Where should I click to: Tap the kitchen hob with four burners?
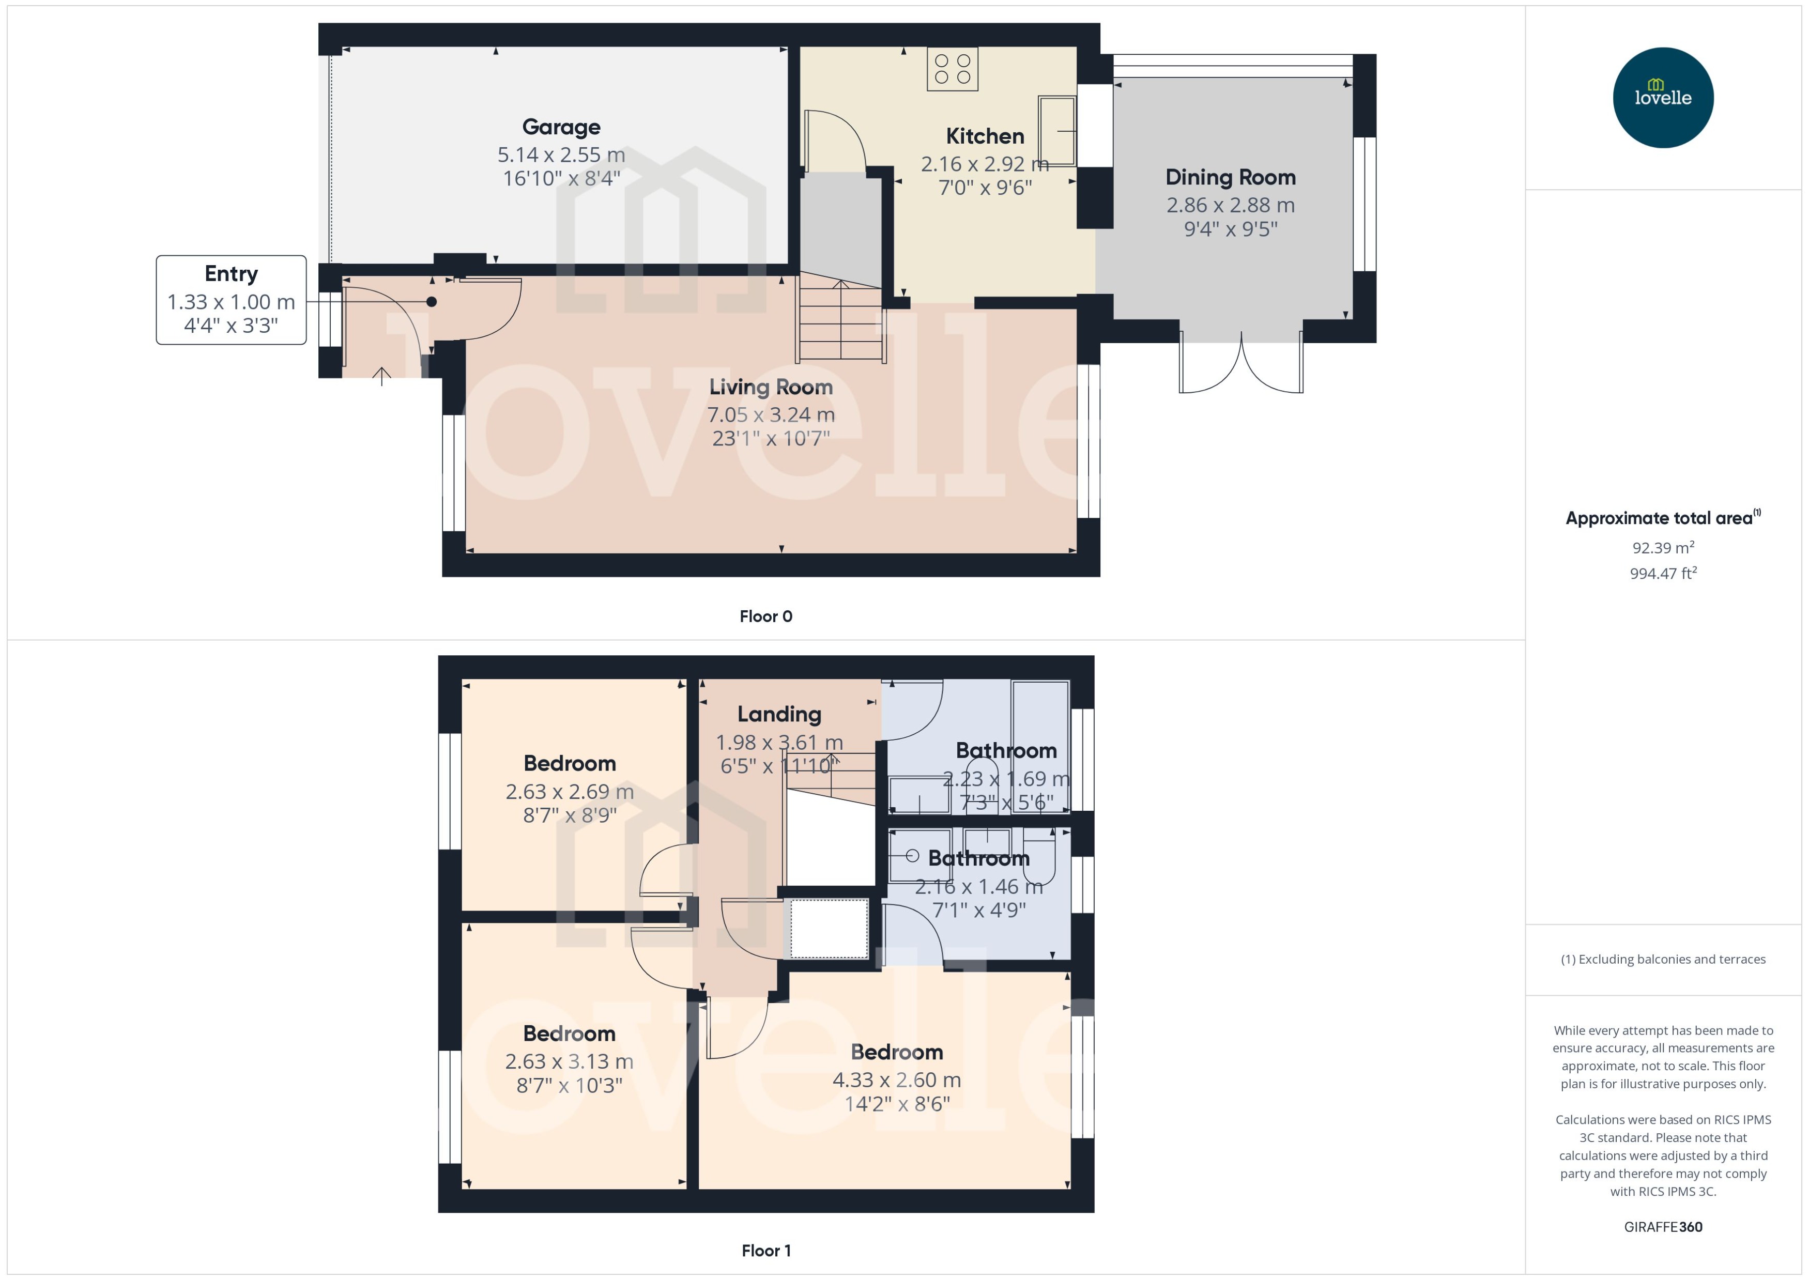952,69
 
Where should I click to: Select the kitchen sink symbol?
1056,131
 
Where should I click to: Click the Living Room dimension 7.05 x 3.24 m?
770,414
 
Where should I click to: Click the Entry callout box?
231,300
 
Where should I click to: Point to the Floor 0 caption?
765,616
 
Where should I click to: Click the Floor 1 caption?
765,1250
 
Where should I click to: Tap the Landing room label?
779,714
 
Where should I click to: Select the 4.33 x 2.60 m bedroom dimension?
896,1080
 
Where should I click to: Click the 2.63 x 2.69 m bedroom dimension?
569,791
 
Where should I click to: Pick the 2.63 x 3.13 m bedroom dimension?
569,1062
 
